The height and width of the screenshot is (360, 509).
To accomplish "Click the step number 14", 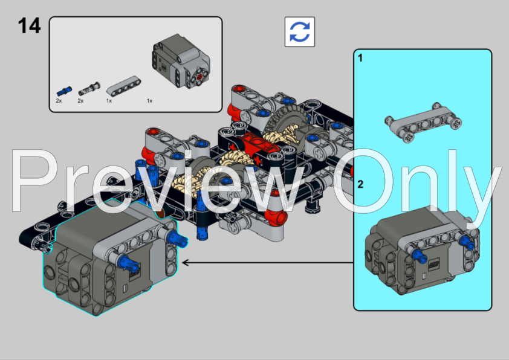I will [x=29, y=26].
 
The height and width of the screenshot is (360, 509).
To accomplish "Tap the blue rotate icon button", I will [x=299, y=31].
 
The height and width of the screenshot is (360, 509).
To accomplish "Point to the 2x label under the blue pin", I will [x=59, y=101].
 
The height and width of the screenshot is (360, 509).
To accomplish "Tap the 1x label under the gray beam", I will [x=109, y=101].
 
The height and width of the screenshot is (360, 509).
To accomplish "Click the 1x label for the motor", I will [x=149, y=101].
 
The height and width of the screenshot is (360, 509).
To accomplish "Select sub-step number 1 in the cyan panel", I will [x=360, y=59].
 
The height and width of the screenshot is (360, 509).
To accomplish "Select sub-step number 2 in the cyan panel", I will [x=360, y=184].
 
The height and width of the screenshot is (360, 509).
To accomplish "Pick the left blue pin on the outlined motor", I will [x=125, y=262].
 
